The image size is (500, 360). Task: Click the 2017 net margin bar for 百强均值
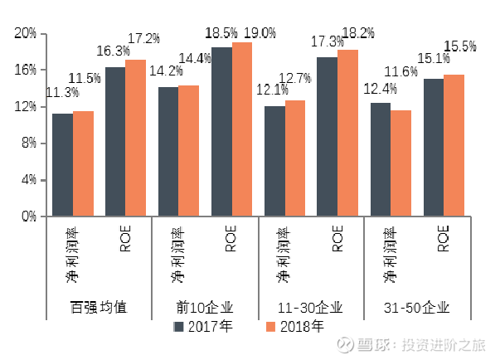(63, 165)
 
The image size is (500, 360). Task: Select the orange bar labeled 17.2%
(135, 138)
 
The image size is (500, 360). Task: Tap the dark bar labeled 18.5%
(222, 132)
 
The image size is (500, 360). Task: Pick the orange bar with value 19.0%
(242, 129)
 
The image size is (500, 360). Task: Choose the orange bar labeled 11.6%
(400, 163)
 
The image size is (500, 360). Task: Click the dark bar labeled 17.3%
(328, 137)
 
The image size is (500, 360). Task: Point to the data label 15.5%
(460, 46)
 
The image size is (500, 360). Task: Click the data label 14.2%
(166, 71)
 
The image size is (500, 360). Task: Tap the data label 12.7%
(294, 78)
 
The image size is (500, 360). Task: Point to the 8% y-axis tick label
(29, 144)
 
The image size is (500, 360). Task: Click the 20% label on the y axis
(26, 33)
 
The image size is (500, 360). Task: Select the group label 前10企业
(205, 308)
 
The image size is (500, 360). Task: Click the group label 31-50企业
(416, 308)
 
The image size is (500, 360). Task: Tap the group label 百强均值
(99, 308)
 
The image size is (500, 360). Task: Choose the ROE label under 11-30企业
(337, 238)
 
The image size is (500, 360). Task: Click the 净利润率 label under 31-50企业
(390, 255)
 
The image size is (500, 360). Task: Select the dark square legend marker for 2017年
(178, 327)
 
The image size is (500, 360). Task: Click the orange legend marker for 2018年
(270, 327)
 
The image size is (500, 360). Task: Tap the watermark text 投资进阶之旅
(444, 345)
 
